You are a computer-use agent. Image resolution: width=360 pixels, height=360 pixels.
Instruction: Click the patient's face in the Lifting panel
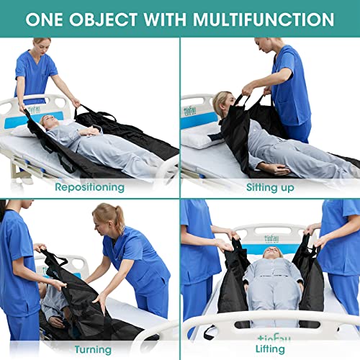[270, 254]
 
